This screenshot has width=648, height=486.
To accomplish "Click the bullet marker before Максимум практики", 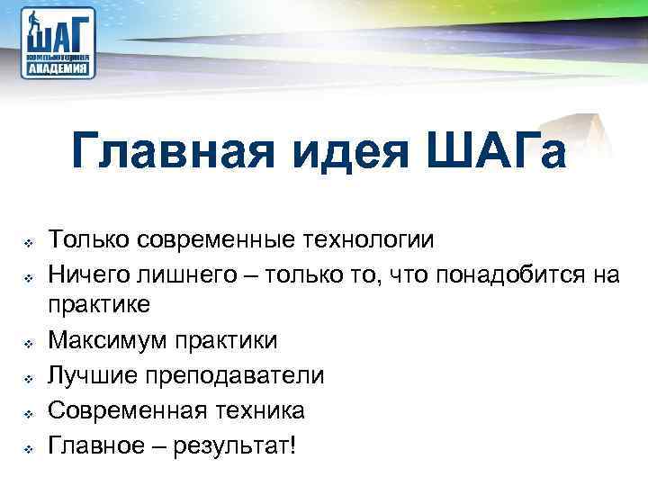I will (x=28, y=343).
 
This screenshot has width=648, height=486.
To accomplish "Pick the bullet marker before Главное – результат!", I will (x=28, y=446).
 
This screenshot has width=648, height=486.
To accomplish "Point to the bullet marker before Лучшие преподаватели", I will (x=28, y=377).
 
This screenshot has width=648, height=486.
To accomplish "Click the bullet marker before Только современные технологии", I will (x=28, y=242).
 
